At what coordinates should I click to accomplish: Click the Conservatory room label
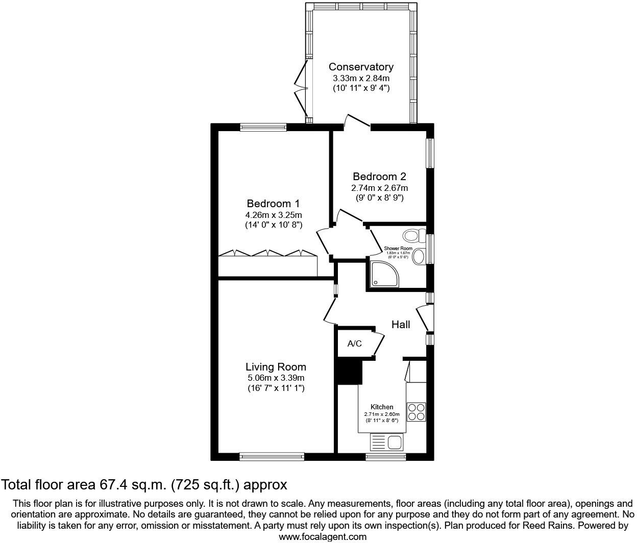point(361,67)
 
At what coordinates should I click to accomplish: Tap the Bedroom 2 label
point(379,177)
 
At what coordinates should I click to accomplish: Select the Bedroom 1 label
point(273,203)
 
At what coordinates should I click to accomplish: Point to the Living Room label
point(276,366)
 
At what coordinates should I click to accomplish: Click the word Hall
point(401,325)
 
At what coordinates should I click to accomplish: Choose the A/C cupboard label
point(354,343)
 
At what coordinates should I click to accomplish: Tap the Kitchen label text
point(382,407)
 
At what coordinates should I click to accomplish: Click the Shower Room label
point(398,249)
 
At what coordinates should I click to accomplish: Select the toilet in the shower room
point(413,236)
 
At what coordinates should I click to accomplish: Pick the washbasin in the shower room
point(419,256)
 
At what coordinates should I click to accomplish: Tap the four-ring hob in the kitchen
point(416,412)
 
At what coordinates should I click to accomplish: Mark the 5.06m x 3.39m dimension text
point(276,378)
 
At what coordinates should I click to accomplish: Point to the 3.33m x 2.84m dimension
point(361,78)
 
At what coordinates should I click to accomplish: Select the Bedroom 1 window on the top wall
point(263,127)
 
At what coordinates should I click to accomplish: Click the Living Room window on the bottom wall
point(272,456)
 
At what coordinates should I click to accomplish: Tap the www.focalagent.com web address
point(323,536)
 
